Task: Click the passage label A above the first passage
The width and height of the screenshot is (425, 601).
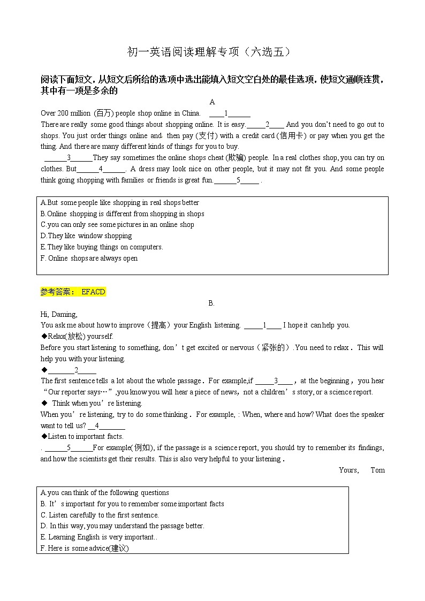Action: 212,102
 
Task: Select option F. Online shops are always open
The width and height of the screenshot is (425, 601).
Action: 89,258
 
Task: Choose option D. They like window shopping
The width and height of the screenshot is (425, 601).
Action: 86,236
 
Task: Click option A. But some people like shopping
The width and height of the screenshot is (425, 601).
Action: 119,203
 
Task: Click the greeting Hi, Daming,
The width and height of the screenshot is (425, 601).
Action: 59,314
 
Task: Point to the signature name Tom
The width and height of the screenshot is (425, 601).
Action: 377,470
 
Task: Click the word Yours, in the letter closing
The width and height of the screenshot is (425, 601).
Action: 348,470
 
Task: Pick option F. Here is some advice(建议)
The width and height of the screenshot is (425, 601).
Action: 85,549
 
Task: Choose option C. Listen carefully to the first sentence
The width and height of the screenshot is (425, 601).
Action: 100,515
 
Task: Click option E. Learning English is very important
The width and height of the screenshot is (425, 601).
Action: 98,537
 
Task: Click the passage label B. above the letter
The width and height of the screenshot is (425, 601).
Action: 211,303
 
